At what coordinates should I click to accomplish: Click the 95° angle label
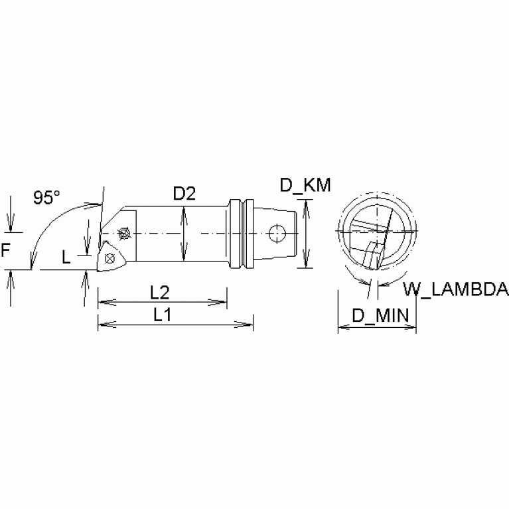tap(47, 197)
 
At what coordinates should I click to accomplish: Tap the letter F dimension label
tap(5, 251)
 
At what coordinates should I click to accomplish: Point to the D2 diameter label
tap(184, 194)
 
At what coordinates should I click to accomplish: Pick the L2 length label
tap(159, 292)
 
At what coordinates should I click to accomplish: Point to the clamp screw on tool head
tap(122, 234)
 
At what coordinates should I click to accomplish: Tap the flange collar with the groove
tap(243, 233)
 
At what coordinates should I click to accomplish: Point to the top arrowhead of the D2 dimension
tap(184, 210)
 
